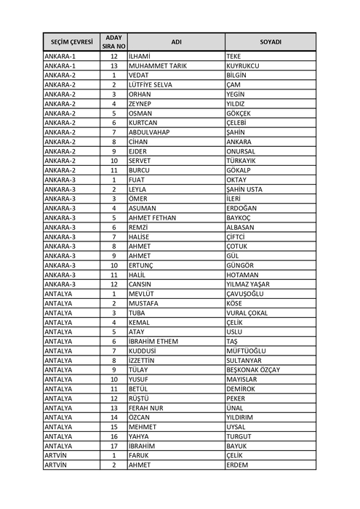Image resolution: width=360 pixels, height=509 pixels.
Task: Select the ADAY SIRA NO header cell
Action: point(114,41)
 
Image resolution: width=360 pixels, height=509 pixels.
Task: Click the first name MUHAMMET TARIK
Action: point(157,65)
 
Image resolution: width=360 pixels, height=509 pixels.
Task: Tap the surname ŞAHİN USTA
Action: point(245,189)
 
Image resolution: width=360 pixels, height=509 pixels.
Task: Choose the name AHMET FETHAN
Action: point(153,217)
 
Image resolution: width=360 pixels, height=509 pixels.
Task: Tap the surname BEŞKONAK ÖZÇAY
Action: point(254,369)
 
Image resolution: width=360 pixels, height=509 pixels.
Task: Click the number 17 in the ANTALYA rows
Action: point(114,446)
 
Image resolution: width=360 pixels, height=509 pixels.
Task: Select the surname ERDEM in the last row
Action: point(238,465)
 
